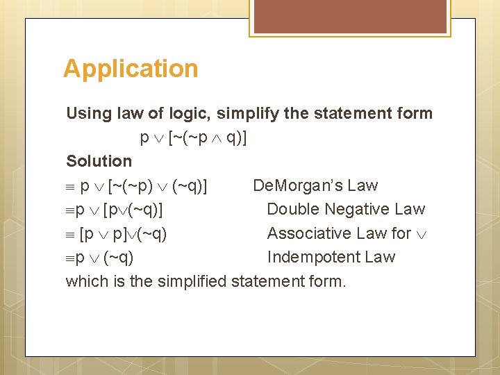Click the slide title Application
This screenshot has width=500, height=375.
(x=131, y=69)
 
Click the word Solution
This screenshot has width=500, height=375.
(x=99, y=161)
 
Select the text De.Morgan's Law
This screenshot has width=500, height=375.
(x=315, y=185)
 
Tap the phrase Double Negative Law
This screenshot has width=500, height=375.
(x=346, y=209)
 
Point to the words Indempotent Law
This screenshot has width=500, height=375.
(x=331, y=257)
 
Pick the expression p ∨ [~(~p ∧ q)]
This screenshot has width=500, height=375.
(x=194, y=137)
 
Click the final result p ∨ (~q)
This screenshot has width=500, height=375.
(x=104, y=257)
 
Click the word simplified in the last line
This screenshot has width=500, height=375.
(x=192, y=281)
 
